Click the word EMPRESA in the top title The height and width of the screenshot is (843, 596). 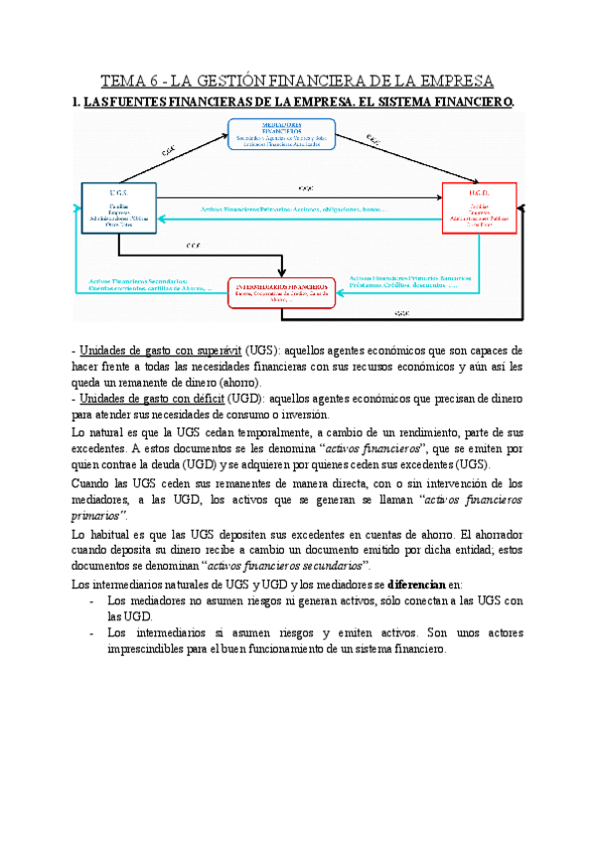[x=452, y=81]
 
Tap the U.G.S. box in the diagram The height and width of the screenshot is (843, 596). [x=117, y=208]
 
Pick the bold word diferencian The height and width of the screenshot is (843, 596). [x=418, y=585]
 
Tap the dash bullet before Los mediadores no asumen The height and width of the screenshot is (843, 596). [x=91, y=600]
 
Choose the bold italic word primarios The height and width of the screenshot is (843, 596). [x=101, y=517]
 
